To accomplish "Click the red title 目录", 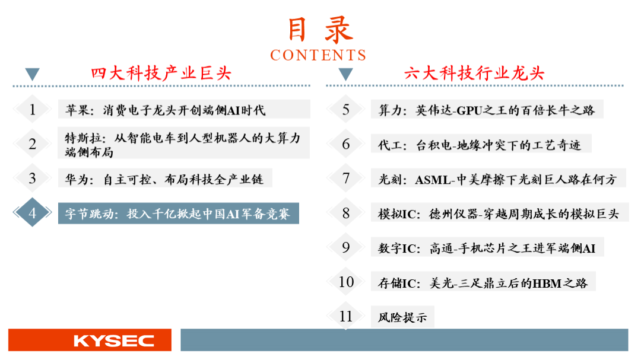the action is pyautogui.click(x=320, y=30).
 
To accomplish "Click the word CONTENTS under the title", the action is pyautogui.click(x=318, y=55).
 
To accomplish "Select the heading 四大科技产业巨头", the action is pyautogui.click(x=161, y=74).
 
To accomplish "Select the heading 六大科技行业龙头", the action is pyautogui.click(x=474, y=74).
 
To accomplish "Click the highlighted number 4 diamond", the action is pyautogui.click(x=32, y=212).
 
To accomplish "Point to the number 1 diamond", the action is pyautogui.click(x=32, y=109).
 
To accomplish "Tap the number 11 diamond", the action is pyautogui.click(x=346, y=316).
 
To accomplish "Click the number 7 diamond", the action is pyautogui.click(x=346, y=178).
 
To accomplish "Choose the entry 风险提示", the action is pyautogui.click(x=402, y=317).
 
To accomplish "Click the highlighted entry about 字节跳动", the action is pyautogui.click(x=178, y=214).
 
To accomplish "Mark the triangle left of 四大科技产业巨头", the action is pyautogui.click(x=32, y=74).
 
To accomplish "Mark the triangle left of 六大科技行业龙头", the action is pyautogui.click(x=345, y=74).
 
